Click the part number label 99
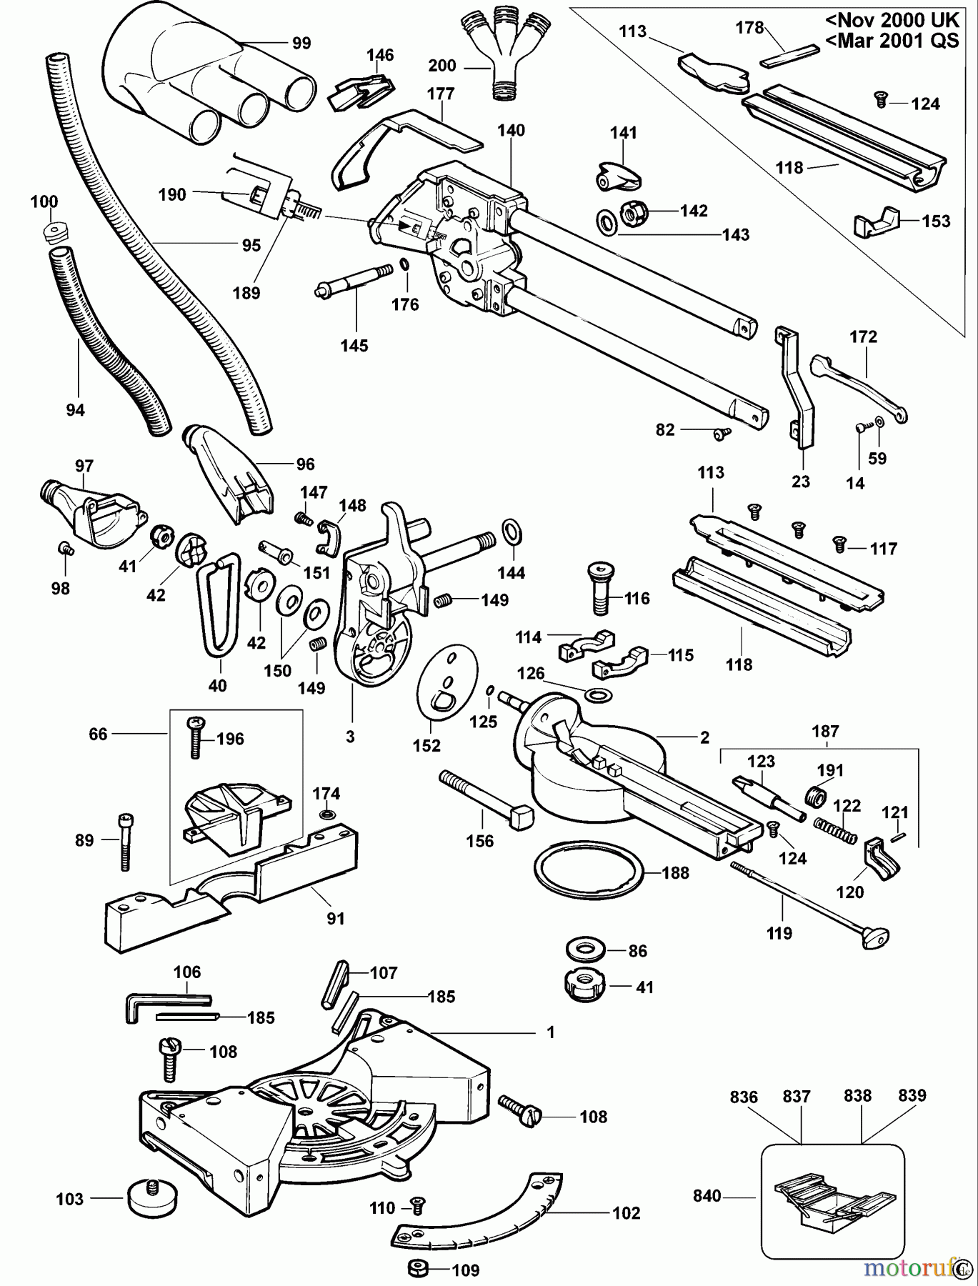click(x=301, y=44)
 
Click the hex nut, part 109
click(x=418, y=1270)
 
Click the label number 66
click(x=98, y=734)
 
